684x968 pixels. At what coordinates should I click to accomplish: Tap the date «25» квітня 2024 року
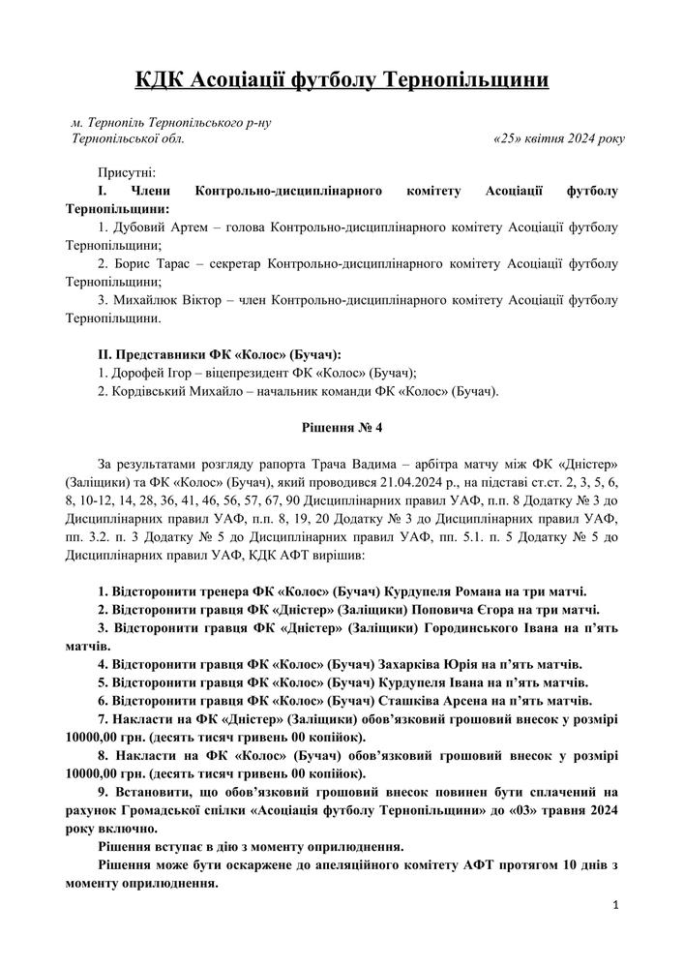point(559,138)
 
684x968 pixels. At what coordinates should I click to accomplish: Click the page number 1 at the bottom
point(615,904)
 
